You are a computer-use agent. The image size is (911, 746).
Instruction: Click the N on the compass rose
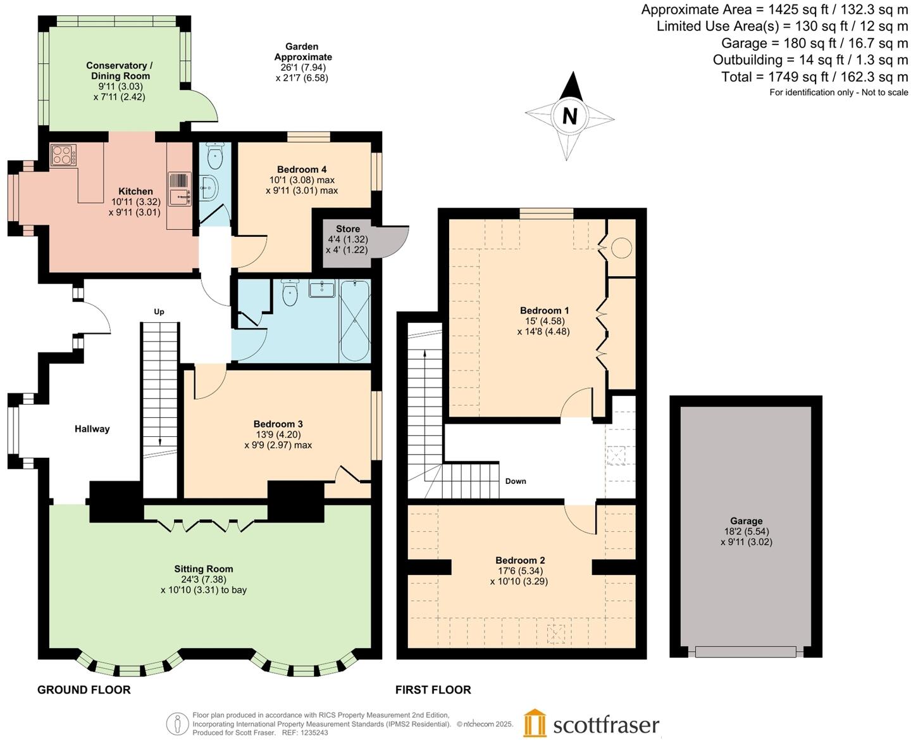click(570, 116)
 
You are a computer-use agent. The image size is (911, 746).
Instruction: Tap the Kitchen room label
click(135, 191)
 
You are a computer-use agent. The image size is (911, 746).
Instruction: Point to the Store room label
click(347, 229)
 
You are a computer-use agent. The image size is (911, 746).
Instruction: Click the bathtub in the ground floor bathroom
click(355, 320)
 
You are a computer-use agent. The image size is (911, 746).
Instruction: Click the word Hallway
click(92, 429)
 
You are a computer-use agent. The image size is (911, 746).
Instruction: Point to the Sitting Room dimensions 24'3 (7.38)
click(204, 579)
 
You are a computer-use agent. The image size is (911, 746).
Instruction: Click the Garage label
click(746, 521)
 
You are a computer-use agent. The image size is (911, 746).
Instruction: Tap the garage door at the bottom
click(745, 652)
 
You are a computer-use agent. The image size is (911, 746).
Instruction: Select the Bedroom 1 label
click(544, 310)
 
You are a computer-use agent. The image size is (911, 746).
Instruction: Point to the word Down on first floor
click(516, 481)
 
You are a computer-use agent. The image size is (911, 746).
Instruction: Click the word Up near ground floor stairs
click(159, 312)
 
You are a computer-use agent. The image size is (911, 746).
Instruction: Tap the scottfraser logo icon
click(535, 723)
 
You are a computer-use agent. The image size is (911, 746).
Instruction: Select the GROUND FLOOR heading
click(84, 690)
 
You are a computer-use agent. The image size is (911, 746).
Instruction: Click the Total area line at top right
click(814, 77)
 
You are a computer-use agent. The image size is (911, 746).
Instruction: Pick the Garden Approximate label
click(302, 51)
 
